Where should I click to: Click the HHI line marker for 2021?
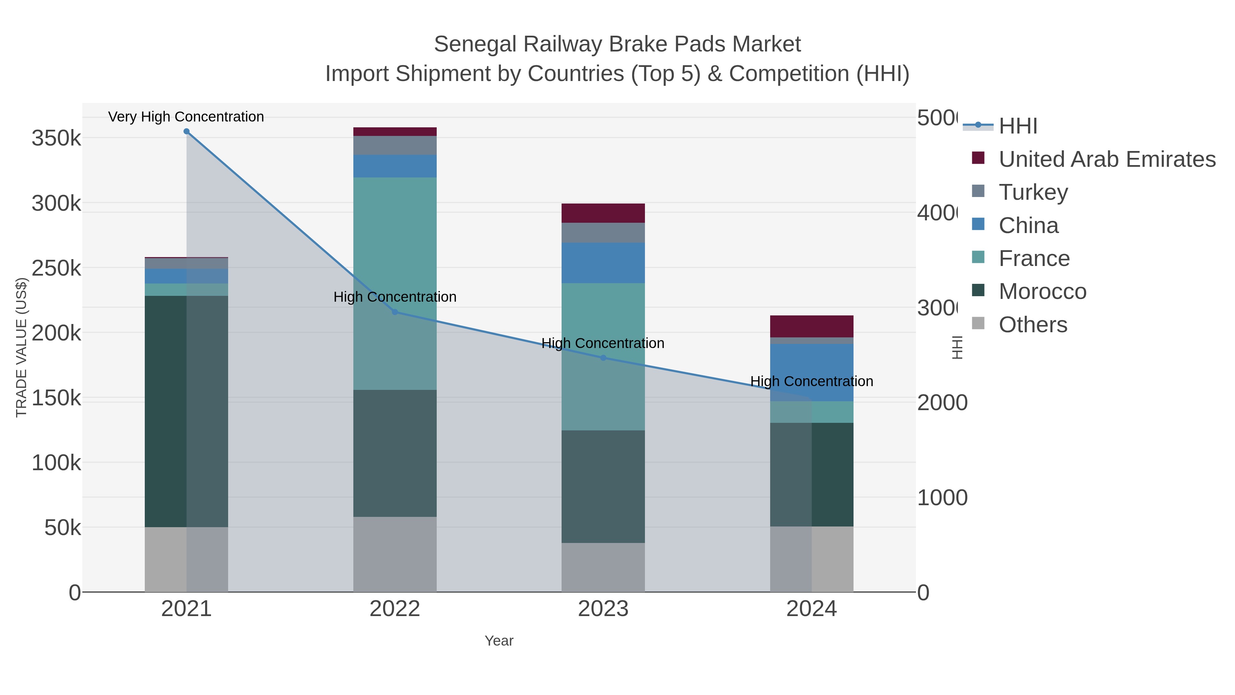(x=187, y=131)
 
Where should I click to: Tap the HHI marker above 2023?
(x=603, y=358)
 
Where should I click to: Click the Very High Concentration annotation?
(x=186, y=117)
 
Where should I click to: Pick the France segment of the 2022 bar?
(x=395, y=283)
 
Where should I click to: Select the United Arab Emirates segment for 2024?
(x=811, y=326)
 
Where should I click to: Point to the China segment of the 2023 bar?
(x=603, y=263)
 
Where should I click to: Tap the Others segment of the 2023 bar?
(x=603, y=567)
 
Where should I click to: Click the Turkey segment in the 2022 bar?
(x=395, y=145)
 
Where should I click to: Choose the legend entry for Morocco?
(x=1042, y=292)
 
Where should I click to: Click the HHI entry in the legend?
(x=1018, y=126)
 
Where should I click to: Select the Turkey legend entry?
(x=1033, y=192)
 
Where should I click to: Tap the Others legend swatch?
(x=978, y=324)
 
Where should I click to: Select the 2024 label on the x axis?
(x=811, y=609)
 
